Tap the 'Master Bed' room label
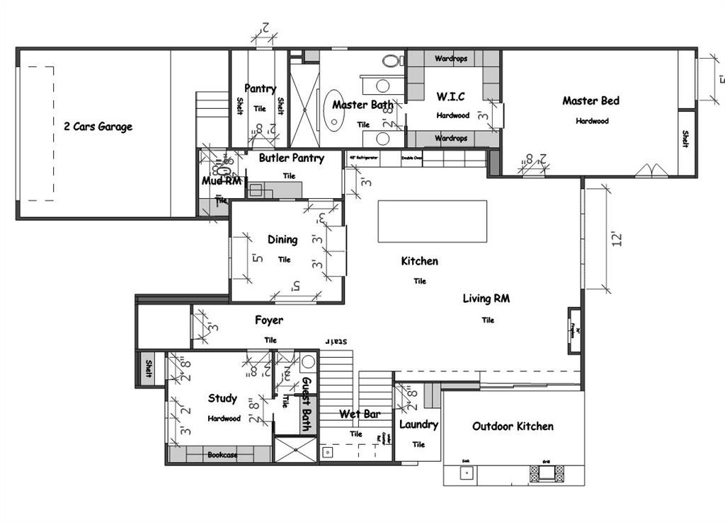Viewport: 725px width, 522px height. coord(590,101)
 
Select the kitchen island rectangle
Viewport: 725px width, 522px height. coord(432,221)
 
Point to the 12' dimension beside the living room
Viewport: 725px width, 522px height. coord(617,238)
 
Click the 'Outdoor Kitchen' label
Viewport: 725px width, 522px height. coord(513,427)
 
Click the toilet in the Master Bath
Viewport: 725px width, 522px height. coord(390,61)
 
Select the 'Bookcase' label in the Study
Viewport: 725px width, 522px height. coord(222,455)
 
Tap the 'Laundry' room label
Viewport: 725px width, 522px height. coord(418,425)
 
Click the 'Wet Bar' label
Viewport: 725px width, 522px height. coord(360,414)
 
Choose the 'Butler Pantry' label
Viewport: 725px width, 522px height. coord(291,158)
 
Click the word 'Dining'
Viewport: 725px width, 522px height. coord(282,240)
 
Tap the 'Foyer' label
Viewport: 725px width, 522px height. coord(269,320)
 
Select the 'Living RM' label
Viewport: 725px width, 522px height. coord(486,298)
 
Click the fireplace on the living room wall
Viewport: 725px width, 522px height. coord(576,330)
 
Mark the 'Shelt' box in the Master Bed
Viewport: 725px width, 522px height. coord(686,139)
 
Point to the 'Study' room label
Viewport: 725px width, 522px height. coord(222,399)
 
